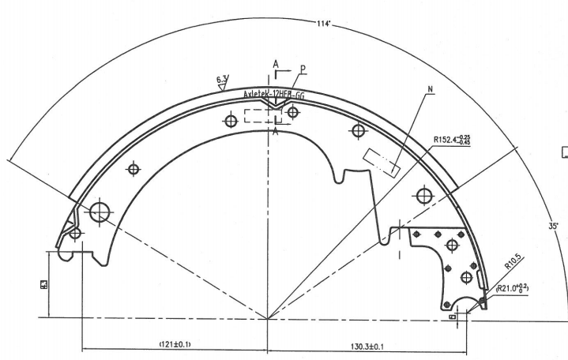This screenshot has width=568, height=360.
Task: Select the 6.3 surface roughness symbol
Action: pyautogui.click(x=221, y=78)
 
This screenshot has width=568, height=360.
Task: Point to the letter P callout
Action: pyautogui.click(x=302, y=69)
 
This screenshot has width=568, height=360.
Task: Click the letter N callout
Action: pyautogui.click(x=430, y=88)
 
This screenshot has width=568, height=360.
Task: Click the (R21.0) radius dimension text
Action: pyautogui.click(x=513, y=289)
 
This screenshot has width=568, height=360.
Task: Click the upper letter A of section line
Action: pyautogui.click(x=275, y=63)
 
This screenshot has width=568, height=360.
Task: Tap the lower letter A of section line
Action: pyautogui.click(x=275, y=133)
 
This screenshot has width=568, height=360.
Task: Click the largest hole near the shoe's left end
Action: pyautogui.click(x=100, y=212)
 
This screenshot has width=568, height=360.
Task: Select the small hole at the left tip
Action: pyautogui.click(x=75, y=233)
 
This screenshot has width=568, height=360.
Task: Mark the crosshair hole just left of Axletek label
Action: pyautogui.click(x=231, y=121)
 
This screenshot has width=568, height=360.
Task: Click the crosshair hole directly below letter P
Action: pyautogui.click(x=293, y=112)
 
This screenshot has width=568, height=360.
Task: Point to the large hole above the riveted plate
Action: pyautogui.click(x=424, y=194)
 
